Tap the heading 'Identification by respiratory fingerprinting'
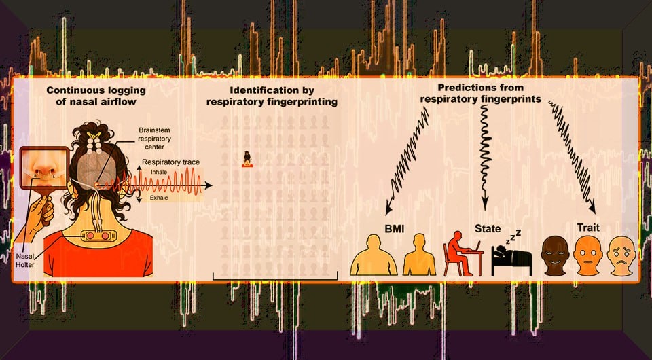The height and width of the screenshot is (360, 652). coord(273,96)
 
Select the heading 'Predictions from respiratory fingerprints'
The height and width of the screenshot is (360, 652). coord(479,93)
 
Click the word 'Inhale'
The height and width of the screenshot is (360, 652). coord(158,173)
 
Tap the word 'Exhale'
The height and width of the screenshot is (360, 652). coord(158,197)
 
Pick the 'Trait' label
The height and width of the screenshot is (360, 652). coord(588,226)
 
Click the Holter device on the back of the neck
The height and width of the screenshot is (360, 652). coord(99,235)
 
